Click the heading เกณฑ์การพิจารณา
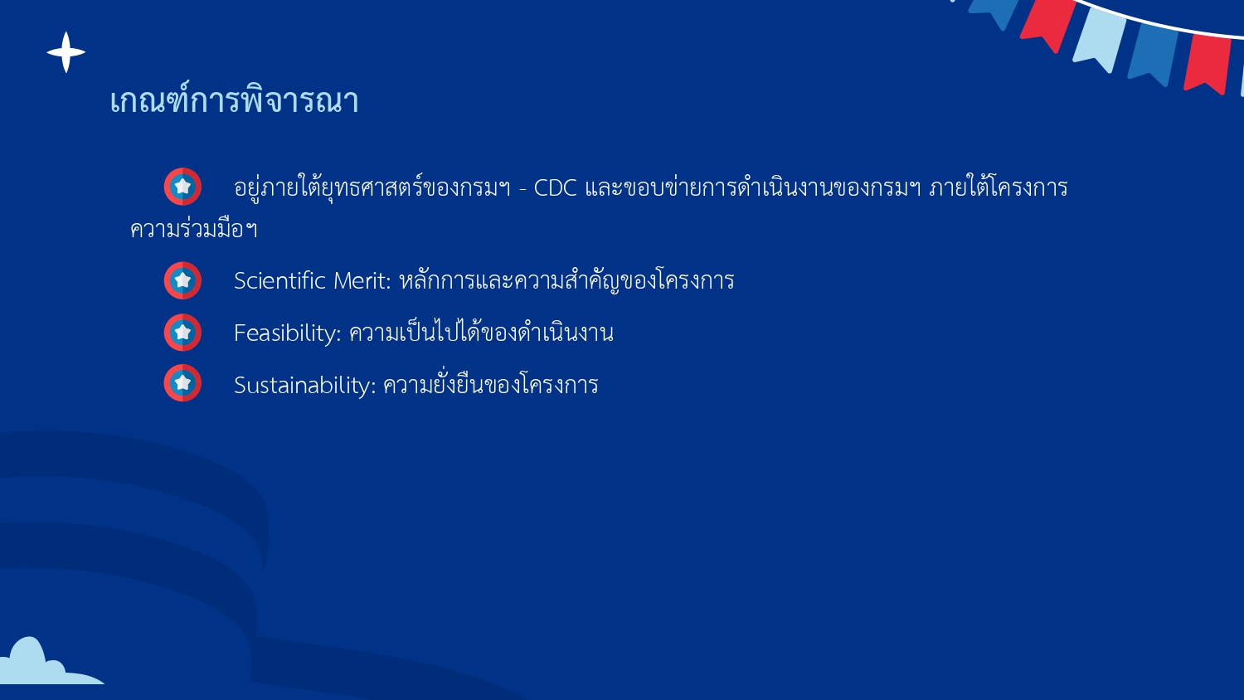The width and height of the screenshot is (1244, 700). (234, 101)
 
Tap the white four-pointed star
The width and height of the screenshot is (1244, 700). (66, 52)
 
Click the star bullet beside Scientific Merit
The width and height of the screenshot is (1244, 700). (182, 280)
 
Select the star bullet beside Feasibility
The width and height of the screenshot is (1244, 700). (182, 333)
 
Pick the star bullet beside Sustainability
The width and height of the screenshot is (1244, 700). (182, 383)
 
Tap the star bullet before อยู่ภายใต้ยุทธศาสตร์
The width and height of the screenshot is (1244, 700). (182, 187)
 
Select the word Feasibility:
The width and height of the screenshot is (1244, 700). (287, 333)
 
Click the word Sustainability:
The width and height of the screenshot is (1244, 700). (304, 386)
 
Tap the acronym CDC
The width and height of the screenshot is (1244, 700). (555, 188)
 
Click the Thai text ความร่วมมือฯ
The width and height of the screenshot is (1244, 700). (194, 229)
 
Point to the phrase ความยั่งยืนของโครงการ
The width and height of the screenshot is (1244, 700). (490, 385)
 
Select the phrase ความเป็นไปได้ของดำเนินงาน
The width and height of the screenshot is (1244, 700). (481, 333)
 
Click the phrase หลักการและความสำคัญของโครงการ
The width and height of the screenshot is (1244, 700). (566, 280)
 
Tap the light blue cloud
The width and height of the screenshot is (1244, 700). (37, 664)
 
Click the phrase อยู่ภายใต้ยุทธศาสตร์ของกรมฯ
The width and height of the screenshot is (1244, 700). (372, 188)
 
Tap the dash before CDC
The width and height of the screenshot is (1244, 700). (522, 189)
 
